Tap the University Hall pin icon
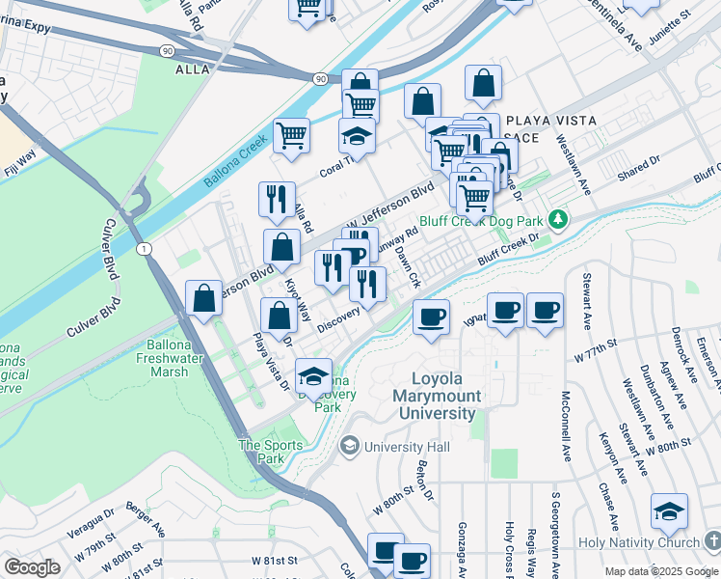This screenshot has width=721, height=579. [x=349, y=446]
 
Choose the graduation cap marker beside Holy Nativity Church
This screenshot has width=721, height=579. [x=669, y=512]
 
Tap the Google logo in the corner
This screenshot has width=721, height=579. [x=32, y=567]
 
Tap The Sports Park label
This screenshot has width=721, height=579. [x=271, y=452]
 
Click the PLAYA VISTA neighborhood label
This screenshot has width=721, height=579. [x=549, y=121]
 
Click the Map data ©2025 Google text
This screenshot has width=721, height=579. [x=661, y=571]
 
